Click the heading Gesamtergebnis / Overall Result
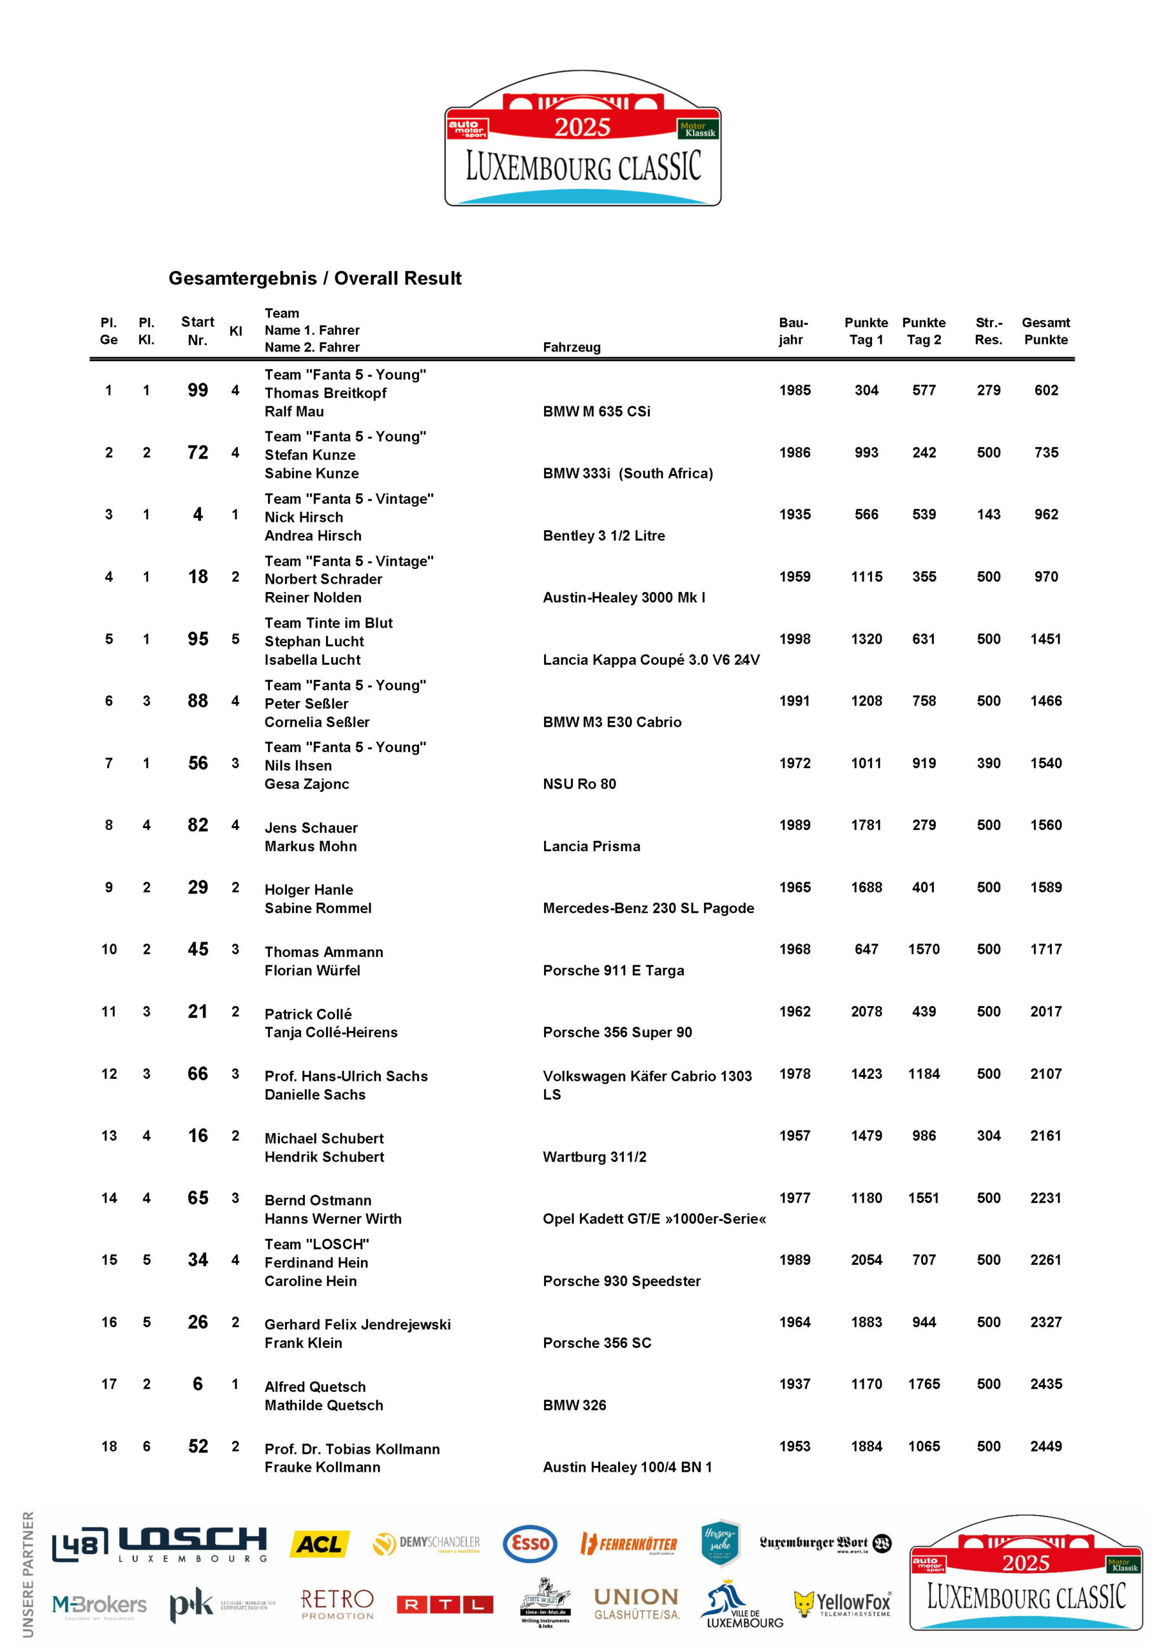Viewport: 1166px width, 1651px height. (x=315, y=278)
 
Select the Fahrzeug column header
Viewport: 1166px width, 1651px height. (x=572, y=348)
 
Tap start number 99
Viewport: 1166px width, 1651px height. (x=198, y=390)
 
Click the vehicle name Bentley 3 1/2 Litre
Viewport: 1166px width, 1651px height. (x=604, y=536)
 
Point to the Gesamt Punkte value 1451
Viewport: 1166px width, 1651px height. (x=1045, y=639)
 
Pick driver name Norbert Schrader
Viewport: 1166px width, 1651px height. (x=323, y=580)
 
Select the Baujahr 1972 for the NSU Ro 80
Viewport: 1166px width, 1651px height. (x=794, y=764)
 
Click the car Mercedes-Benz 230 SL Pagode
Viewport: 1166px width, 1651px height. (x=648, y=909)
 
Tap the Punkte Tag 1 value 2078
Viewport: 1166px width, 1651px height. (x=866, y=1012)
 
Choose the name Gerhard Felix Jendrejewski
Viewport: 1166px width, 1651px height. (x=357, y=1325)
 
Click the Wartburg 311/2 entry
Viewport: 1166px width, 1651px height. (x=594, y=1157)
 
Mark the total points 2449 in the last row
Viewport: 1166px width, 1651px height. (x=1045, y=1447)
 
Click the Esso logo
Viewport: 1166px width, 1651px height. (x=530, y=1543)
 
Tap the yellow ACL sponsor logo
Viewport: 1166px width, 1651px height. (x=319, y=1543)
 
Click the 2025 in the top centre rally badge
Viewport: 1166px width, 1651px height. (x=582, y=128)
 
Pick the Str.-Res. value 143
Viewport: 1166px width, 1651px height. (x=989, y=515)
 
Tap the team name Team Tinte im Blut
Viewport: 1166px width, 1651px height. (x=329, y=624)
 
